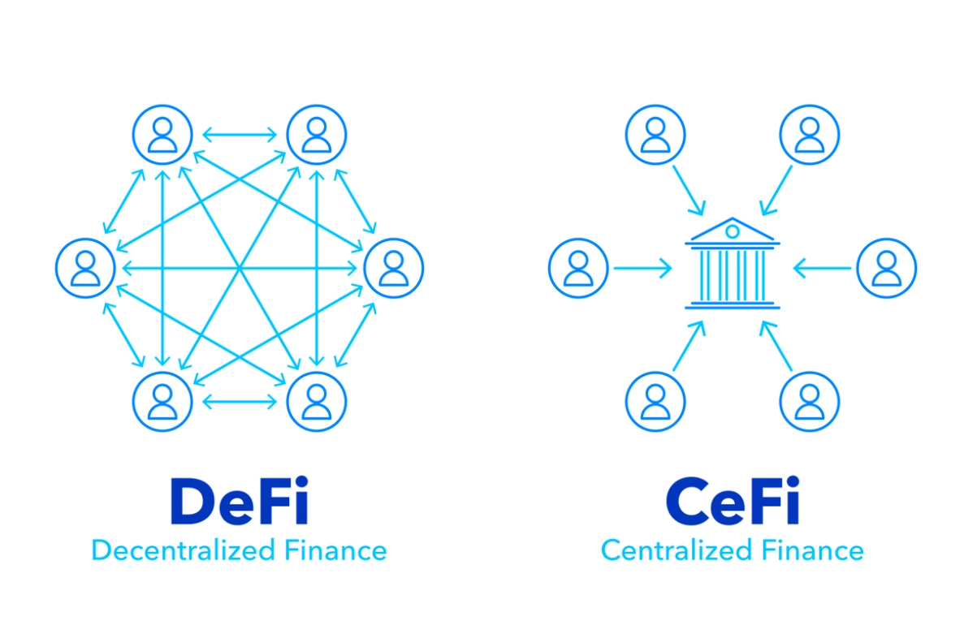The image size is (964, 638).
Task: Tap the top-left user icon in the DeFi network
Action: (162, 135)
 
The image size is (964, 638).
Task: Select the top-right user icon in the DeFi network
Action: (317, 135)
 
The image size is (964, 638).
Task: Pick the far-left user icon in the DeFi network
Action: (85, 268)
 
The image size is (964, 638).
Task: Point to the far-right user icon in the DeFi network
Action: (393, 268)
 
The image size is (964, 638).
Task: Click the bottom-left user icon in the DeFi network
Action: (162, 401)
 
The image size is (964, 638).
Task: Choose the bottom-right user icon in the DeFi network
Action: (317, 401)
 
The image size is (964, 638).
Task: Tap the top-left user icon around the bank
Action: (655, 135)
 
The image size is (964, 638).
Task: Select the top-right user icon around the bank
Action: (810, 135)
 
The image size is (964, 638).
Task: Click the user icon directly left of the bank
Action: (578, 268)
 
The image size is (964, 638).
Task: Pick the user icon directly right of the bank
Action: (887, 268)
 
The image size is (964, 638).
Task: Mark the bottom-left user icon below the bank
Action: (655, 401)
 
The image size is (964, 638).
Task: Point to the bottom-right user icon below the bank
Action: (810, 401)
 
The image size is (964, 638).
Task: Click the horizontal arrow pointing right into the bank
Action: (642, 268)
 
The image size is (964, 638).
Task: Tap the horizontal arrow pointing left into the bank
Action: (823, 268)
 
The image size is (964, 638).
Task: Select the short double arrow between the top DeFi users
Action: (240, 135)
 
